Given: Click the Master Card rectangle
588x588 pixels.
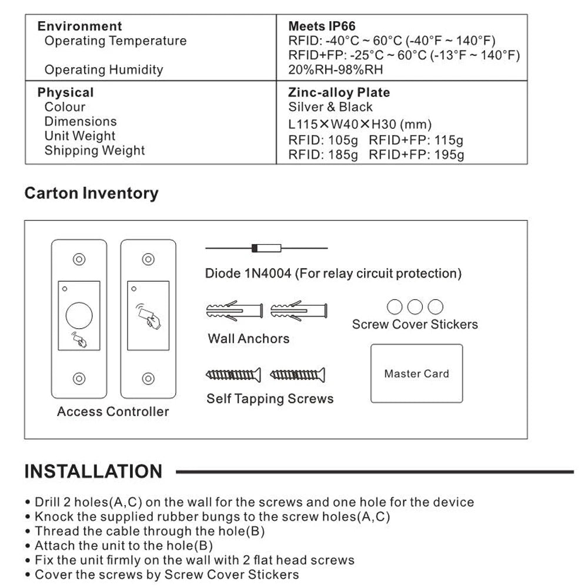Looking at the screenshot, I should point(416,373).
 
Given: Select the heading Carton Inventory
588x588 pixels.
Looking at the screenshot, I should point(91,193).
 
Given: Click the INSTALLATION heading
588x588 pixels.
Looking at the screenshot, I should point(93,472).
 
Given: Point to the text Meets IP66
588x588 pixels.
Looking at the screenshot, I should point(322,26).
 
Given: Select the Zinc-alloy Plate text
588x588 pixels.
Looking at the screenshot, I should point(339,93).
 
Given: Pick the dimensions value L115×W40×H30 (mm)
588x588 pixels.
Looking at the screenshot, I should point(360,125).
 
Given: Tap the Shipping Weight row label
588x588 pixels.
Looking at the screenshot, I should point(95,151).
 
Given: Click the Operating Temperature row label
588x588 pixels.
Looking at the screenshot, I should point(115,41).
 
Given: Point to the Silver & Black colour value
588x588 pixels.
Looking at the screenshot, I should point(330,107).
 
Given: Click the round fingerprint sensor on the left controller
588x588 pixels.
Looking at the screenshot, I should point(79,316).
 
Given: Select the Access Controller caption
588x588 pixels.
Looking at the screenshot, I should point(113,412).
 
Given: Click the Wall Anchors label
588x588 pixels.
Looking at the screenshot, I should point(249,339).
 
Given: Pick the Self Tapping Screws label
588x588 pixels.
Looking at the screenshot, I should point(270,399).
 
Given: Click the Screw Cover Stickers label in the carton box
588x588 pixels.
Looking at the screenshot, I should point(415,324).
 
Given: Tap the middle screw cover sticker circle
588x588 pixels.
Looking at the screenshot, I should point(415,306).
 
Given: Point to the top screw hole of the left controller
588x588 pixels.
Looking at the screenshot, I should point(79,259).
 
